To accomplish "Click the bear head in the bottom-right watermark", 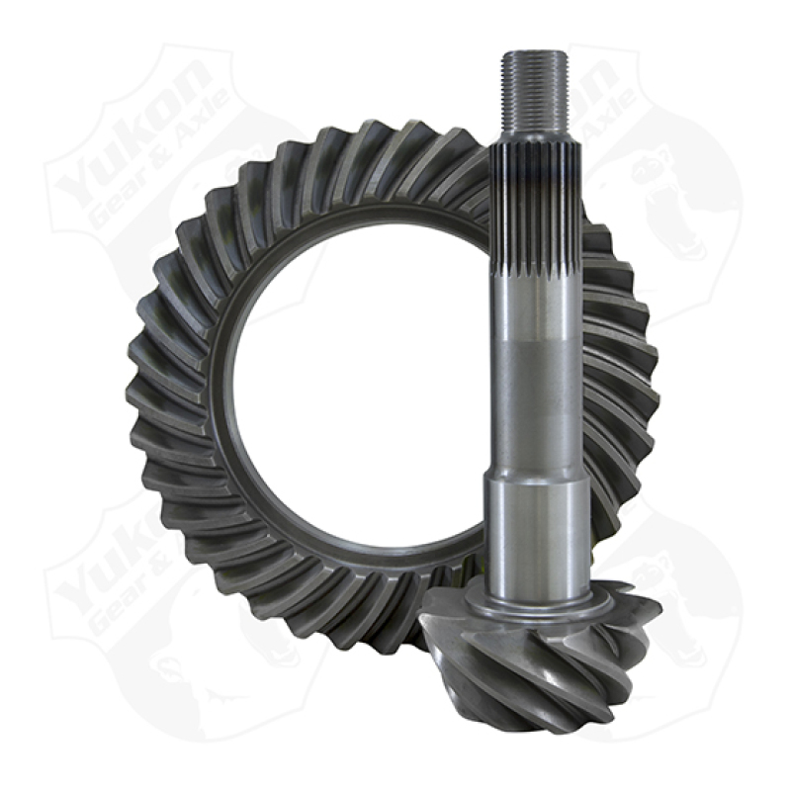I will [682, 603].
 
